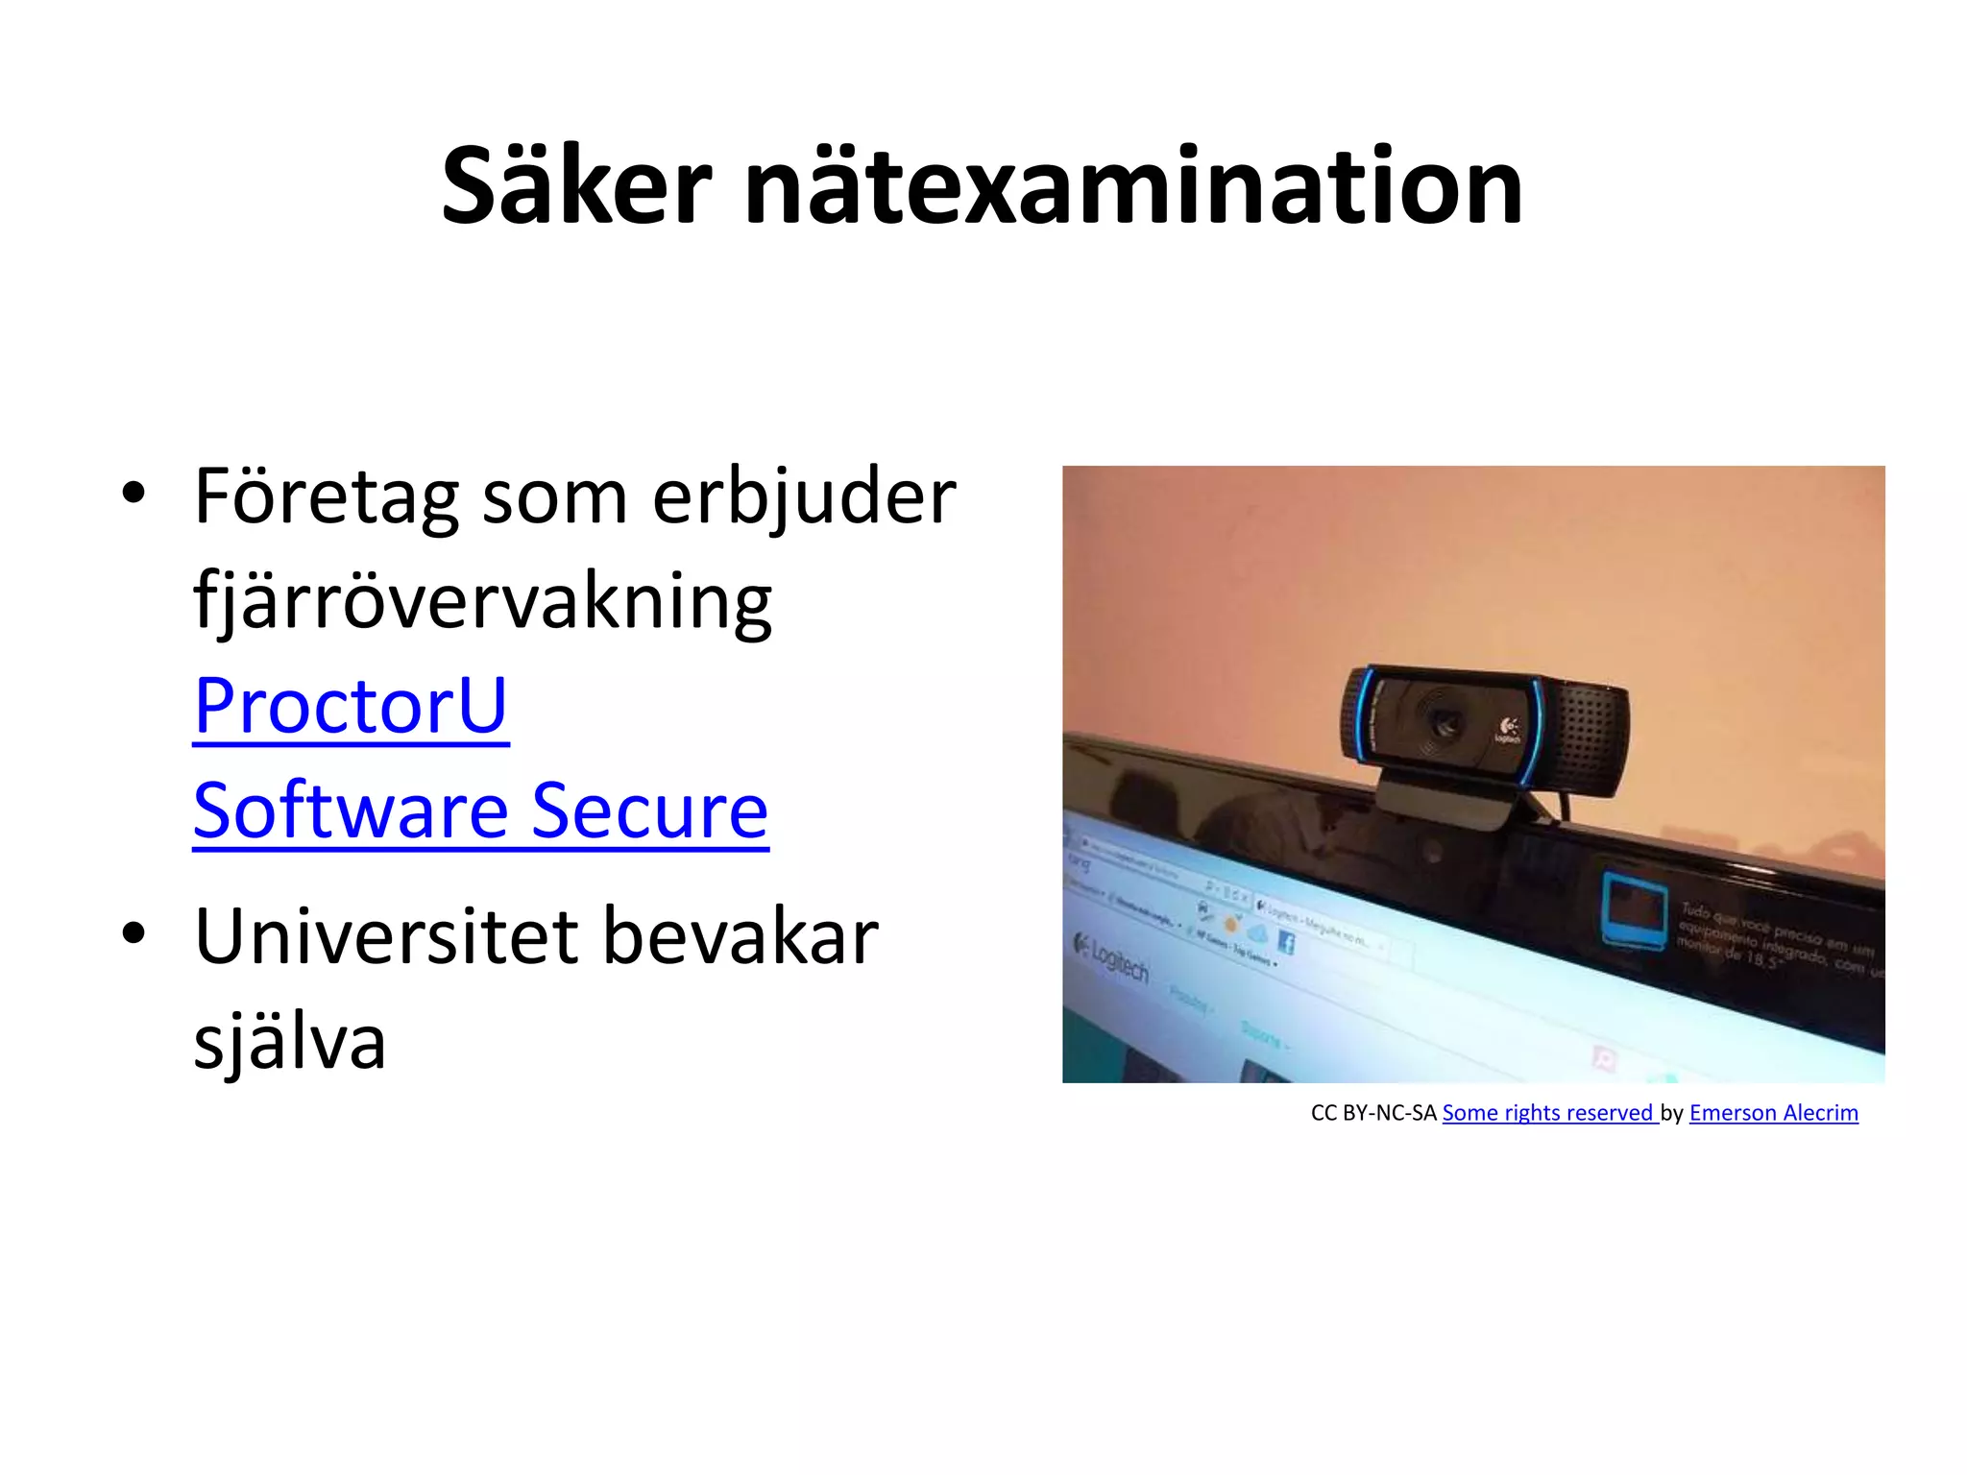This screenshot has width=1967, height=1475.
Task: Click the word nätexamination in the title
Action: click(x=1133, y=186)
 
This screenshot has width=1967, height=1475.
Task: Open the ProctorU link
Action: click(x=351, y=706)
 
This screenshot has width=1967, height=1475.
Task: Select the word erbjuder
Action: click(x=804, y=497)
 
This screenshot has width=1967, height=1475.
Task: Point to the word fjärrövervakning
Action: click(x=483, y=602)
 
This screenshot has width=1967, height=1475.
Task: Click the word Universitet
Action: click(x=386, y=936)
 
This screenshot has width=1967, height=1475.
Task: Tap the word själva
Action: click(x=290, y=1042)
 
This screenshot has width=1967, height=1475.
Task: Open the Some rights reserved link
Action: click(x=1549, y=1113)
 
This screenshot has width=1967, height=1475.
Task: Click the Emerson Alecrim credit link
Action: click(x=1773, y=1113)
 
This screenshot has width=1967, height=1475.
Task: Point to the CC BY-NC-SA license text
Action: click(x=1373, y=1113)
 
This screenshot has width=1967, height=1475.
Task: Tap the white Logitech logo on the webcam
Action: click(x=1508, y=732)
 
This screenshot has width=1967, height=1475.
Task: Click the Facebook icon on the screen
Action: click(x=1286, y=943)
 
